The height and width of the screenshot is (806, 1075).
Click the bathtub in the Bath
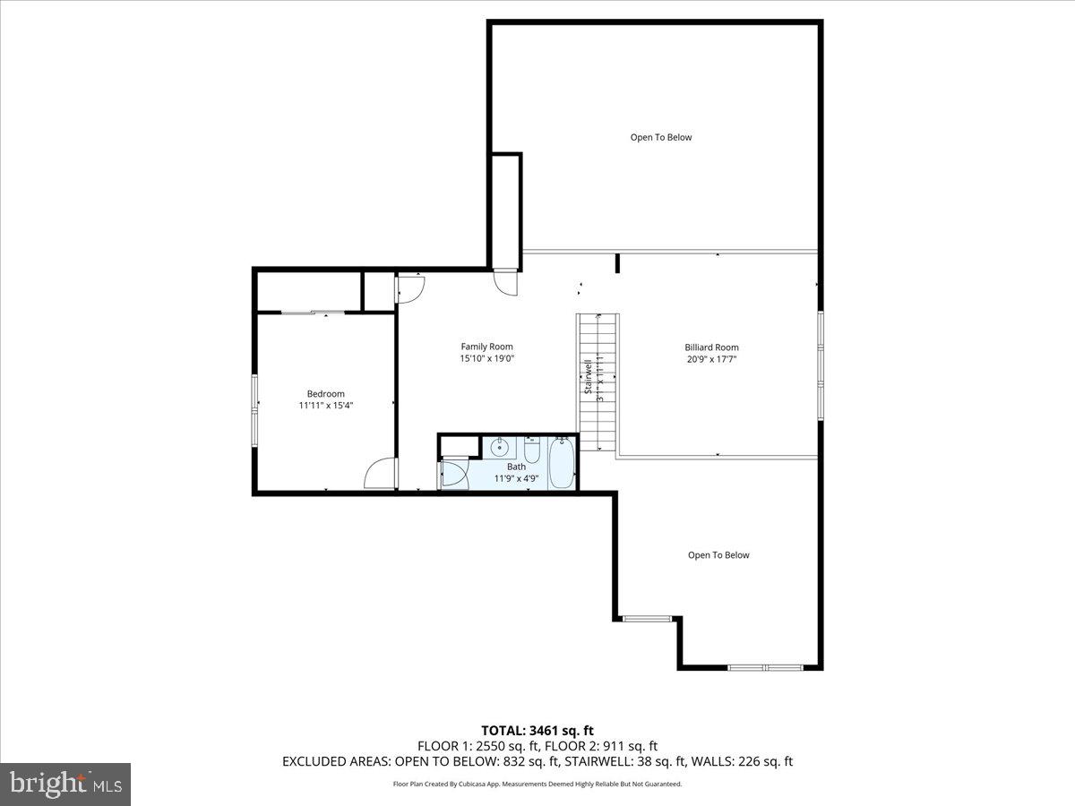point(562,463)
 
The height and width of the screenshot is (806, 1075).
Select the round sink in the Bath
point(499,448)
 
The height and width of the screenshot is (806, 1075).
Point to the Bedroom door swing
point(382,474)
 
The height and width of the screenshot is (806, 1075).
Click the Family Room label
point(486,347)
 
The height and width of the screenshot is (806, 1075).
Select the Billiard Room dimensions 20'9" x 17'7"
point(711,359)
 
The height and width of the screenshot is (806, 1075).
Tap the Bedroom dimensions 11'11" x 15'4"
point(325,406)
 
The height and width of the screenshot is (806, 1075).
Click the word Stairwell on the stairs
point(589,377)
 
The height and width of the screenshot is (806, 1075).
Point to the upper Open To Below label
point(661,137)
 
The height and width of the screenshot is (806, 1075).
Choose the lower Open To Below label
point(718,555)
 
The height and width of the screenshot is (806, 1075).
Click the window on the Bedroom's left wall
point(254,411)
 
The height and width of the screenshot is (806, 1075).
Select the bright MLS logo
point(65,785)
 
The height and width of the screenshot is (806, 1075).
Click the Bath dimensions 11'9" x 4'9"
point(516,478)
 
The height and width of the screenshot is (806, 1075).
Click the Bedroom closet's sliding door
point(312,313)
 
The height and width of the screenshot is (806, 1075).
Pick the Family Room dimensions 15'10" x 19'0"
point(486,358)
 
